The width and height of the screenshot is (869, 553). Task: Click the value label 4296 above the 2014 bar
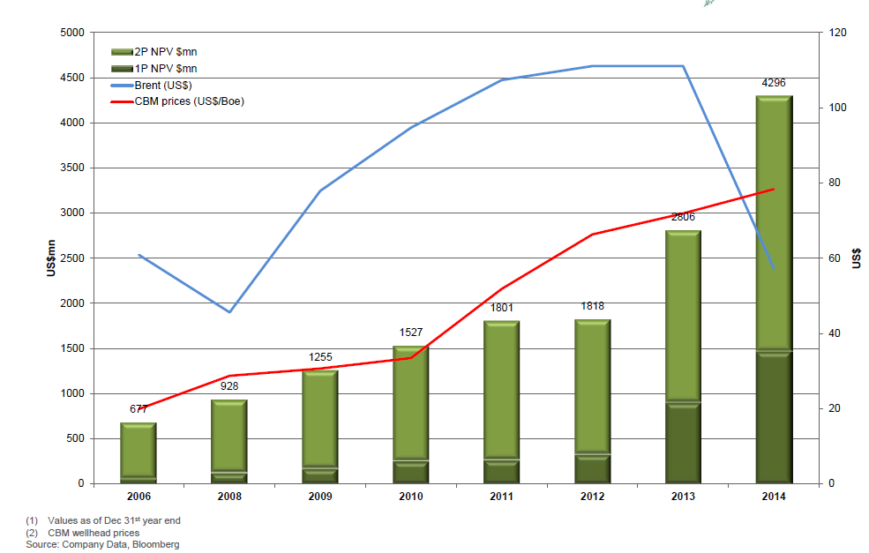coord(773,83)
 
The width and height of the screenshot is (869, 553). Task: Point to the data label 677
coord(138,409)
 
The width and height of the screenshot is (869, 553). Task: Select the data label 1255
coord(320,357)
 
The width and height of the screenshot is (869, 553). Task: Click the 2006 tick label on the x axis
coord(138,497)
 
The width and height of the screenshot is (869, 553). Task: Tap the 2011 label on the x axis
coord(501,497)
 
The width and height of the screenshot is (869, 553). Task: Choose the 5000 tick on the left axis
coord(71,34)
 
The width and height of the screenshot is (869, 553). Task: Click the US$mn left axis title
coord(51,258)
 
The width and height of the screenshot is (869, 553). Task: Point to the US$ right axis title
coord(857,258)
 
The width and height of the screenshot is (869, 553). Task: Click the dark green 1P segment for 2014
coord(773,419)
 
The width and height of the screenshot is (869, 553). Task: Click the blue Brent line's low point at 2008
coord(228,312)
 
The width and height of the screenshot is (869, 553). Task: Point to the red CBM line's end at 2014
coord(773,189)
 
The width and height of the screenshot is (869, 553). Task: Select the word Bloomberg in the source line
coord(157,545)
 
